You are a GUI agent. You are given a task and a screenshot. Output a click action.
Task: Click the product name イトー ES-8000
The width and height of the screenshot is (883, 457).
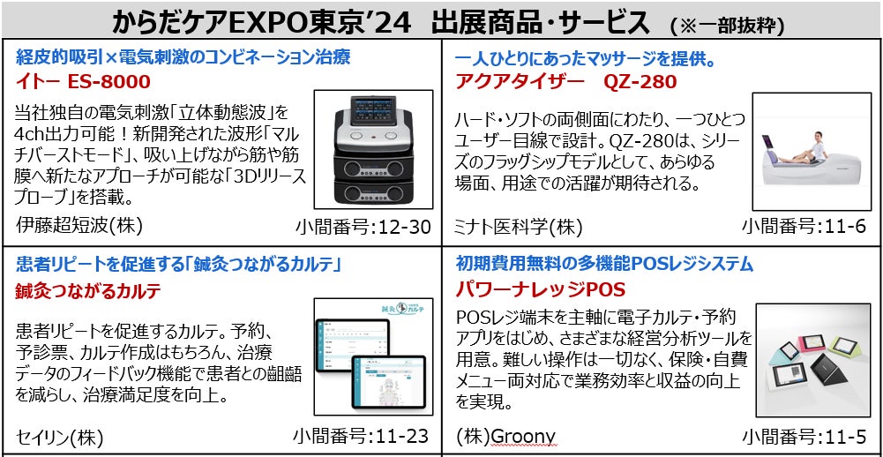pyautogui.click(x=80, y=82)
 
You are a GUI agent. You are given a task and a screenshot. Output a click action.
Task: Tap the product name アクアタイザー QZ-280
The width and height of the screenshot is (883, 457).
pyautogui.click(x=565, y=82)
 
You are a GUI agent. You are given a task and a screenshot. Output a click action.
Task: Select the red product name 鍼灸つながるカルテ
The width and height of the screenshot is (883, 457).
pyautogui.click(x=88, y=291)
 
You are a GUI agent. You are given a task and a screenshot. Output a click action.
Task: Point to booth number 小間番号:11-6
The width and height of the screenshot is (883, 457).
pyautogui.click(x=804, y=227)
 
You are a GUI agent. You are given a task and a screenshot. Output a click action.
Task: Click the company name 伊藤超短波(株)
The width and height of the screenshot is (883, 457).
pyautogui.click(x=79, y=226)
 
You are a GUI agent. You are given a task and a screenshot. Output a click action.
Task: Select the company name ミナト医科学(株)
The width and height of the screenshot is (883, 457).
pyautogui.click(x=519, y=228)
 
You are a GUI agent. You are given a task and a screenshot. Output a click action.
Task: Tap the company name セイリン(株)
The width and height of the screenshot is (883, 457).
pyautogui.click(x=60, y=437)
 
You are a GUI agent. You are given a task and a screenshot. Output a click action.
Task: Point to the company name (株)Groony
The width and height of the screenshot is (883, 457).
pyautogui.click(x=505, y=437)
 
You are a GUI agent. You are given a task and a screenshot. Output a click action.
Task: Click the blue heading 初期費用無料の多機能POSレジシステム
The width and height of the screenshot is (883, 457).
pyautogui.click(x=604, y=263)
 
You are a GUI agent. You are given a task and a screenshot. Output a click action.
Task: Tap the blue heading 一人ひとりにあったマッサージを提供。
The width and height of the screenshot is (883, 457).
pyautogui.click(x=584, y=59)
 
